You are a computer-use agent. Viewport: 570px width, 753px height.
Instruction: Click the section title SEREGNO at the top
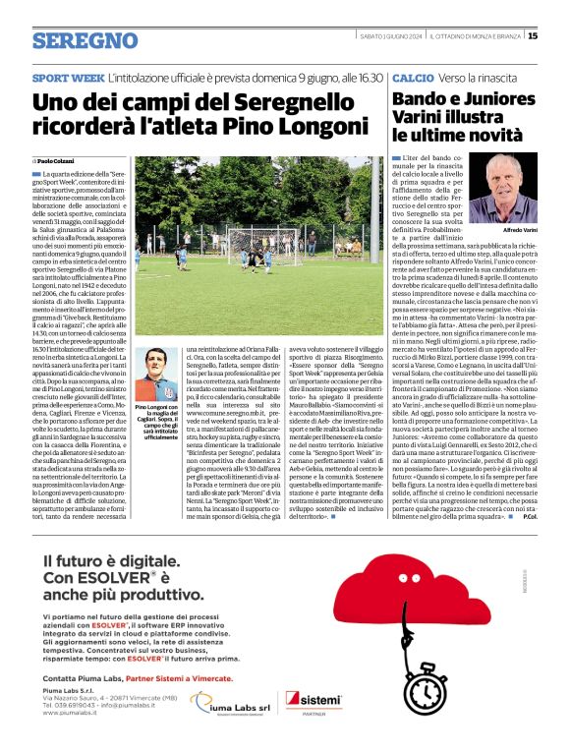(85, 40)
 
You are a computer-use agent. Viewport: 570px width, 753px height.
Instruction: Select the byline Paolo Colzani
(58, 161)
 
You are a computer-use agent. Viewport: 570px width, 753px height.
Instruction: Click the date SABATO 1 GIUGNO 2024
(388, 36)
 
